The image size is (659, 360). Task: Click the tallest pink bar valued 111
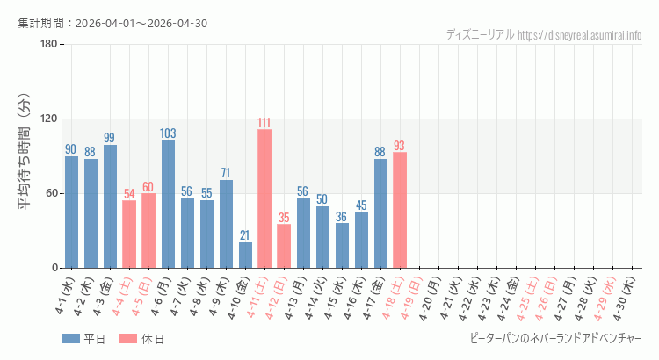(x=264, y=198)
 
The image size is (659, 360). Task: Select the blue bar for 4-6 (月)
(x=168, y=204)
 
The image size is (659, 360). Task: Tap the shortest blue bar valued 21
(x=245, y=255)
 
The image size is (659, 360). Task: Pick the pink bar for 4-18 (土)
(x=400, y=210)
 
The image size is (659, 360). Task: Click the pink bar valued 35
(x=284, y=246)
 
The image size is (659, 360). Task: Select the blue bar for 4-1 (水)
(x=71, y=212)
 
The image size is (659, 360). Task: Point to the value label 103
(x=168, y=133)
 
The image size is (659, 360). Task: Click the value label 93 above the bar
(x=400, y=146)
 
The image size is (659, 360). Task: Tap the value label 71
(x=226, y=173)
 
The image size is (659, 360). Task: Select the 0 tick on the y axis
(x=54, y=268)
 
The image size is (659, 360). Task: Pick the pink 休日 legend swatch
(x=127, y=339)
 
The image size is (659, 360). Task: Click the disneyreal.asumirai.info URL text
(x=580, y=35)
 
